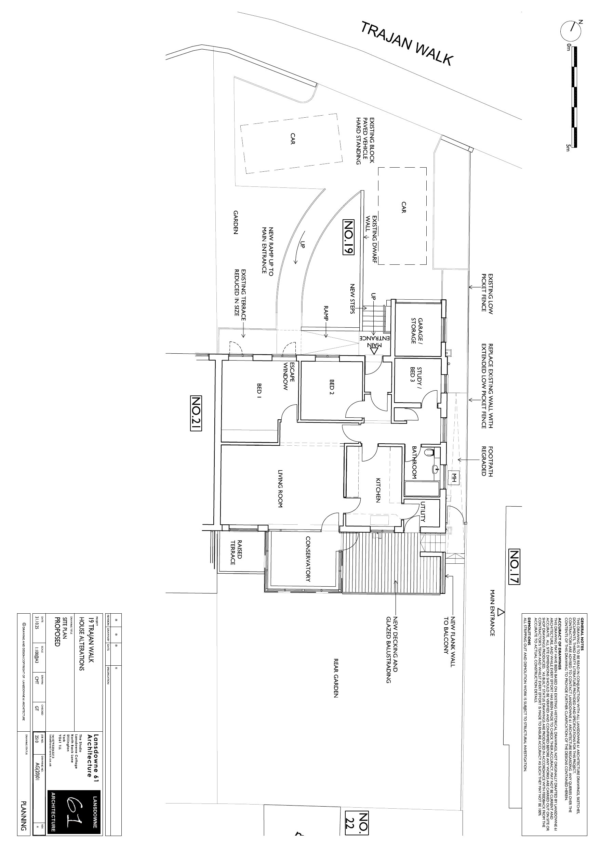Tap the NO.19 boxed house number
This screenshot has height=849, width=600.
coord(348,237)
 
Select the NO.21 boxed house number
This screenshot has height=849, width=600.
coord(196,414)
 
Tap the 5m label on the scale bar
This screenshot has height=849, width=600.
coord(568,147)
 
